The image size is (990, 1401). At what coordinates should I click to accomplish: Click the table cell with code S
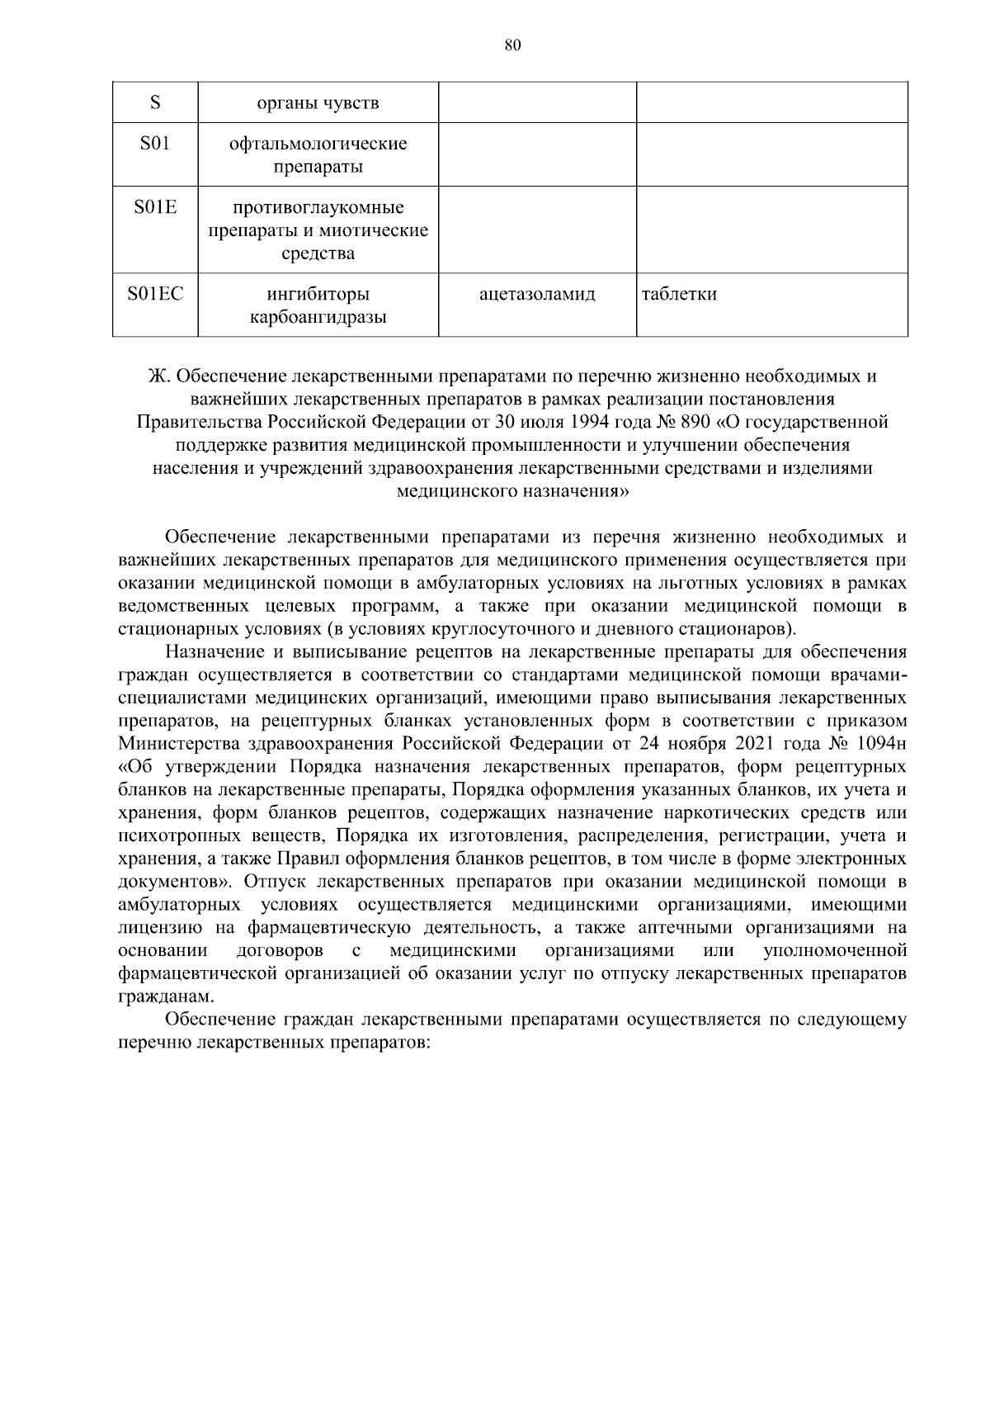pos(155,103)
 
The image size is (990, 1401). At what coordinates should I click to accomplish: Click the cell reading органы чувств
pos(318,103)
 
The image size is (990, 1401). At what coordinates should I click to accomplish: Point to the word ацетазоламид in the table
pos(537,295)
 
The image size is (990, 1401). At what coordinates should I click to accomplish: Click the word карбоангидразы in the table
pos(318,318)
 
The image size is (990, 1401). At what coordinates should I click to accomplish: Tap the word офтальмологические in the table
pos(318,144)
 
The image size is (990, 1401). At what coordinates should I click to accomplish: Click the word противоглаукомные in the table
pos(318,207)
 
